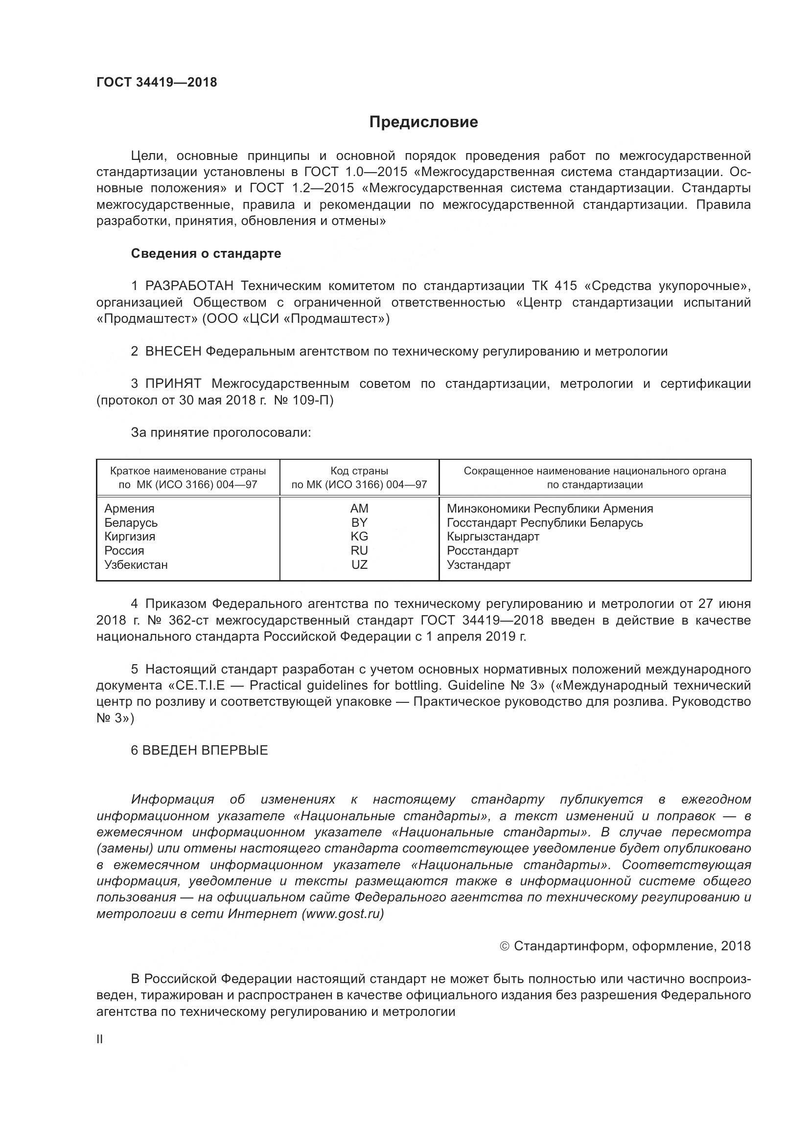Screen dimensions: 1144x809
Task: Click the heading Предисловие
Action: coord(423,122)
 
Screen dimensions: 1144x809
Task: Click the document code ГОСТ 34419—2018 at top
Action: coord(157,82)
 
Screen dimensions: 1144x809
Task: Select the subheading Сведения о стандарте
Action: coord(206,254)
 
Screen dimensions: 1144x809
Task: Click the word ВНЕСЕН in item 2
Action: coord(173,351)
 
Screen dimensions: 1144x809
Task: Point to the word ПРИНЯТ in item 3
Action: coord(173,383)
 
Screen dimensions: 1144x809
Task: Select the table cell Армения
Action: coord(130,509)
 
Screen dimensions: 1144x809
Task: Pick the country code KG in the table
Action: coord(359,537)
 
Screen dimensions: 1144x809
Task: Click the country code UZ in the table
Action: coord(359,564)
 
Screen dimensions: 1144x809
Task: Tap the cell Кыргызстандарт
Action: coord(493,537)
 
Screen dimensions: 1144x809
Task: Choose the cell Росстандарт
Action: coord(483,551)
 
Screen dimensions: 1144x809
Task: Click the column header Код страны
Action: coord(359,471)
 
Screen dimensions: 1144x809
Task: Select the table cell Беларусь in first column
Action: coord(131,523)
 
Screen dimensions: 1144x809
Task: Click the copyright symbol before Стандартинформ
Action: coord(504,946)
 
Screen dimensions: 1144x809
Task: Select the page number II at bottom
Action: coord(100,1039)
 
